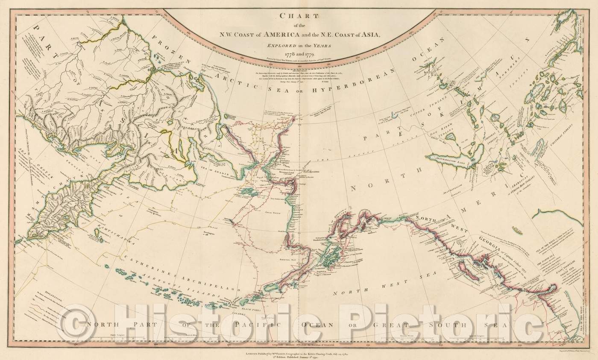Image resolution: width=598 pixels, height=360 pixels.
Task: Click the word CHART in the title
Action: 299,17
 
